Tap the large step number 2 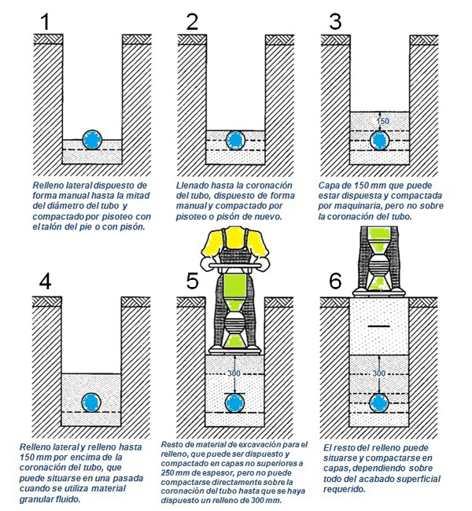click(x=191, y=22)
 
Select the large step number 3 click(x=336, y=22)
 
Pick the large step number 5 click(x=191, y=281)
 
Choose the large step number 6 click(x=336, y=281)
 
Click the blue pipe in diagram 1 click(x=93, y=140)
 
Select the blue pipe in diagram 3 click(x=381, y=140)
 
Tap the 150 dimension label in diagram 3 click(x=383, y=121)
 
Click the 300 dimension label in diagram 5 click(x=234, y=373)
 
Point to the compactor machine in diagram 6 click(x=380, y=259)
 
